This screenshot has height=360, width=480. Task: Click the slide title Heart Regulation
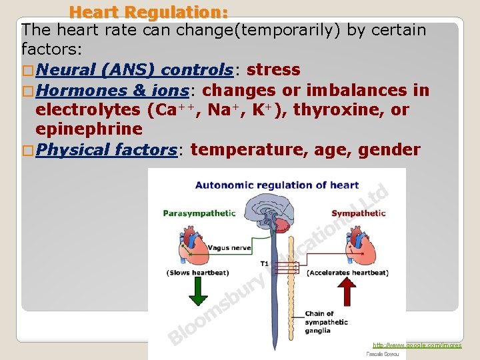pos(149,12)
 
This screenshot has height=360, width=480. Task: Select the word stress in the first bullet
pos(273,70)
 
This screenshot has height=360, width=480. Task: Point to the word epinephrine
pos(89,129)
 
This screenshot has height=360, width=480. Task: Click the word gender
pos(389,149)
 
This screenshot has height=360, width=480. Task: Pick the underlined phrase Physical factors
pos(106,149)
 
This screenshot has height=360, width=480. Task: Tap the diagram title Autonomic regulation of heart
pos(277,185)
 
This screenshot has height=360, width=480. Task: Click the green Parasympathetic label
pos(199,213)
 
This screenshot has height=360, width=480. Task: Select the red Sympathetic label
pos(358,213)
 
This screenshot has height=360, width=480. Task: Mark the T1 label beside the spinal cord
pos(265,264)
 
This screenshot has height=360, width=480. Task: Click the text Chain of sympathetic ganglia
pos(326,322)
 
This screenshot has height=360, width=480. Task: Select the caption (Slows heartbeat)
pos(197,273)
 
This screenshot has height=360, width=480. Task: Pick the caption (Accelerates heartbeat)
pos(347,273)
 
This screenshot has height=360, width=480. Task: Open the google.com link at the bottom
pos(417,345)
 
